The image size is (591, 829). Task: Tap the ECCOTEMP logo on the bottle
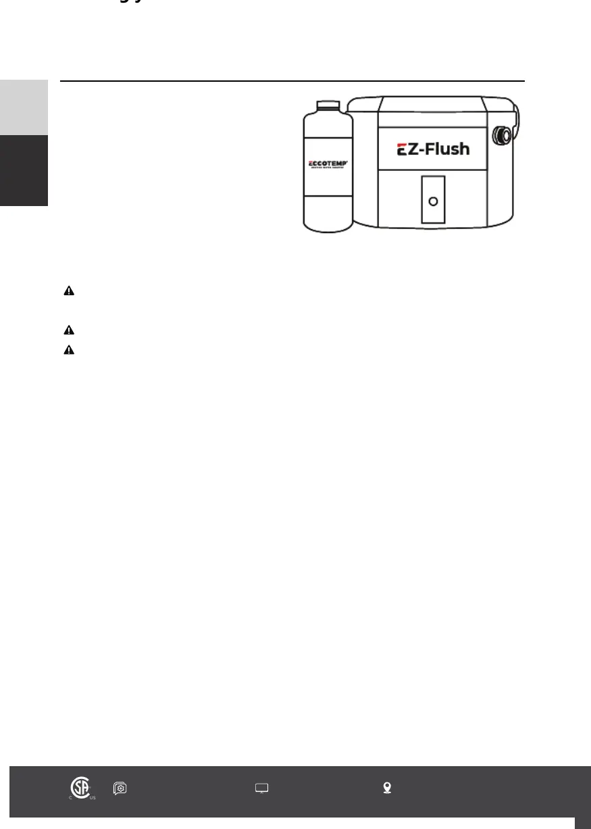pyautogui.click(x=328, y=164)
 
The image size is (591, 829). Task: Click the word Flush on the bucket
pyautogui.click(x=445, y=149)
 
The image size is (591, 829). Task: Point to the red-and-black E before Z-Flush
pyautogui.click(x=403, y=150)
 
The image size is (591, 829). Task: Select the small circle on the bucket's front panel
pyautogui.click(x=434, y=201)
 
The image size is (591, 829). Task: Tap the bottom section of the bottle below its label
pyautogui.click(x=328, y=211)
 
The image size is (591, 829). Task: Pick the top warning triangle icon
pyautogui.click(x=68, y=291)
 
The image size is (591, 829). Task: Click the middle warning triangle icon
pyautogui.click(x=68, y=330)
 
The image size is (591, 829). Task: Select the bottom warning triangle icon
pyautogui.click(x=68, y=351)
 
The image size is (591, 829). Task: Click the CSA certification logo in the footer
pyautogui.click(x=81, y=788)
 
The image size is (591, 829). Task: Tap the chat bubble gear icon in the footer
pyautogui.click(x=120, y=788)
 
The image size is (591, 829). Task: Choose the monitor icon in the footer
pyautogui.click(x=261, y=788)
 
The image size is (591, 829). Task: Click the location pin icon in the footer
pyautogui.click(x=387, y=788)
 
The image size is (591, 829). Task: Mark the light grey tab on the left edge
pyautogui.click(x=24, y=107)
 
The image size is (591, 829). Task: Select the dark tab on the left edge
pyautogui.click(x=24, y=170)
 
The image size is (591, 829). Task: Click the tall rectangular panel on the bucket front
pyautogui.click(x=434, y=199)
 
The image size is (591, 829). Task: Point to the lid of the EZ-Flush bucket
pyautogui.click(x=432, y=104)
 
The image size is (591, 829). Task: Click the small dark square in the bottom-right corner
pyautogui.click(x=583, y=823)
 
